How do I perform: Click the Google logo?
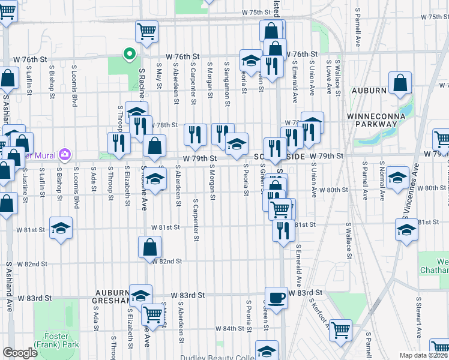(x=20, y=353)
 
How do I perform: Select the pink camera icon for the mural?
(x=65, y=155)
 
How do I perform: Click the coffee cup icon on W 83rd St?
(x=276, y=298)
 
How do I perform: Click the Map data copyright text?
(x=424, y=355)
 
